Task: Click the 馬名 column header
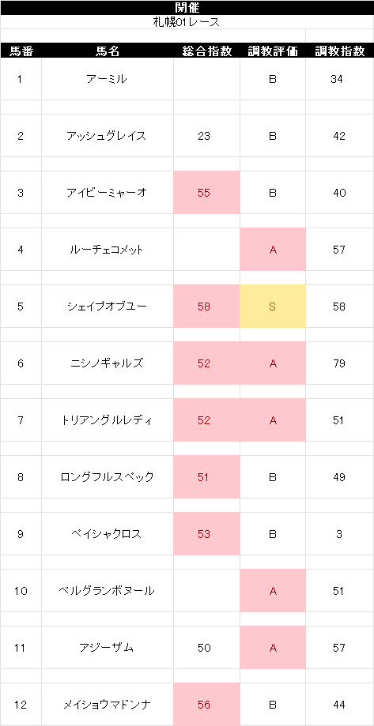point(108,51)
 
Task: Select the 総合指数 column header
point(206,51)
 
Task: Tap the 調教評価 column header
point(273,51)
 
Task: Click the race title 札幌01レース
point(187,22)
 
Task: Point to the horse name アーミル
point(107,79)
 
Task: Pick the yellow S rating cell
point(273,307)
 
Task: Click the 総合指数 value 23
point(204,136)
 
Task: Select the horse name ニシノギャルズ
point(107,363)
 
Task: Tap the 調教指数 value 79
point(338,363)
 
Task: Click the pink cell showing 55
point(206,193)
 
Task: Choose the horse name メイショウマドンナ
point(107,705)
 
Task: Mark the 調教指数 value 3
point(339,534)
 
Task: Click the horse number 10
point(21,591)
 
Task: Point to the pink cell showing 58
point(206,307)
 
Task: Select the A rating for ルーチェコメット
point(273,250)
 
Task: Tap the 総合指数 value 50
point(204,648)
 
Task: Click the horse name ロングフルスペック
point(107,477)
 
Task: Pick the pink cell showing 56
point(206,704)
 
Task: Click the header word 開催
point(187,7)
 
